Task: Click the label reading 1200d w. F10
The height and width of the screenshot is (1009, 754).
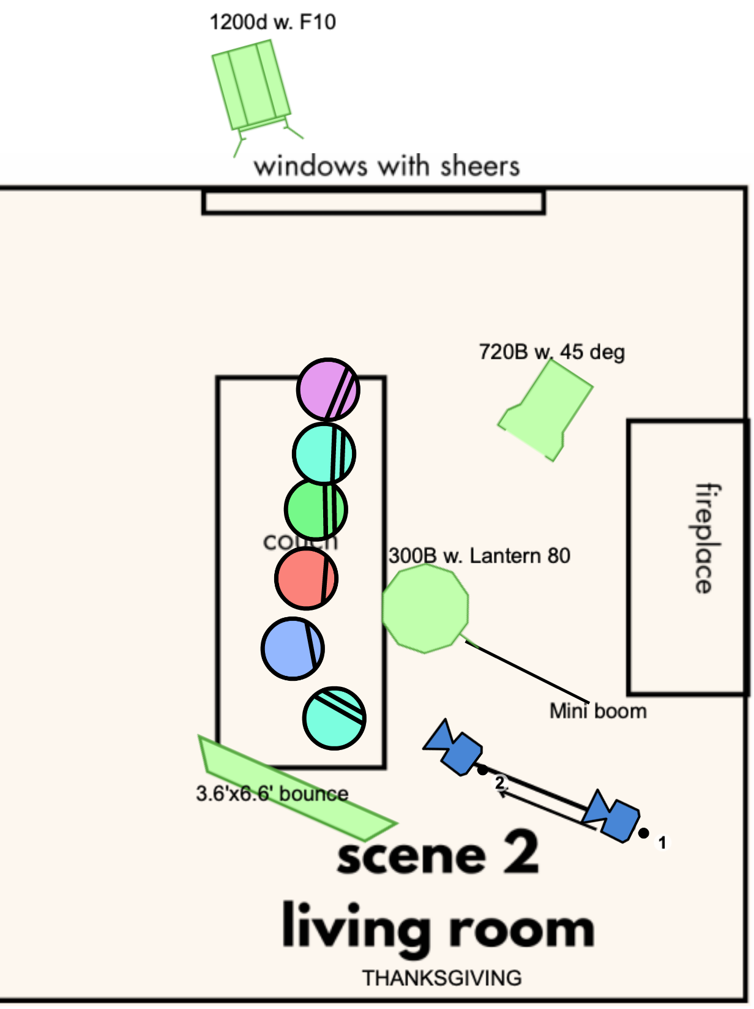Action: click(272, 23)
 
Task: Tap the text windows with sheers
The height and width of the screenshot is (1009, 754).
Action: click(387, 167)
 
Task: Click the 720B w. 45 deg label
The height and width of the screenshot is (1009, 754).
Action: click(551, 352)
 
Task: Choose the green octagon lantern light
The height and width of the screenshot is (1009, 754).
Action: click(425, 608)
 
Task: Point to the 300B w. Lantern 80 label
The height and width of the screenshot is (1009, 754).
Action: click(479, 556)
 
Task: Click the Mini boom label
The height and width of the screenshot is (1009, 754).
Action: click(598, 711)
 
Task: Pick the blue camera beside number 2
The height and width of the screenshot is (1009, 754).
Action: click(454, 748)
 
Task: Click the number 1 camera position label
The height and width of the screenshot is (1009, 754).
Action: click(662, 842)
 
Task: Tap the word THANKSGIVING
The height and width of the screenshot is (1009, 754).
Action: click(442, 978)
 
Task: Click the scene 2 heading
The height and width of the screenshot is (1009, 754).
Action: click(438, 853)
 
